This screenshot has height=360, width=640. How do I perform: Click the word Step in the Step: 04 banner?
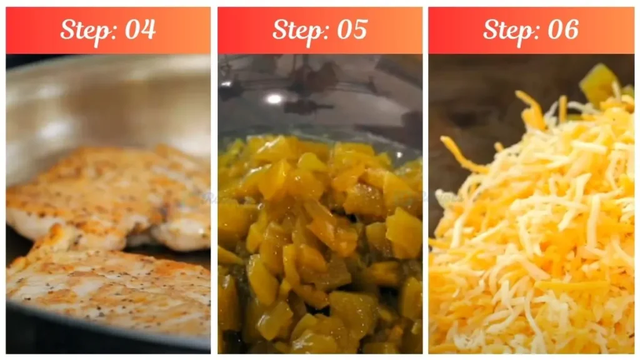86,29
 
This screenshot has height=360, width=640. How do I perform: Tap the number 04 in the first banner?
140,29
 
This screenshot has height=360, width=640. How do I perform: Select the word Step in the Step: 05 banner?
297,29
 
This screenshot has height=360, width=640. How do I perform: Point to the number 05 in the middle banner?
351,29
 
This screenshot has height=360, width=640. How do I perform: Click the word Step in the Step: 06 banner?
509,29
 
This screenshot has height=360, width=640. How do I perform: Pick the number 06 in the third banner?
562,29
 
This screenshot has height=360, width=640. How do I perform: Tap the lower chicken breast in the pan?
106,287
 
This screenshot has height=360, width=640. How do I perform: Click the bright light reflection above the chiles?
274,99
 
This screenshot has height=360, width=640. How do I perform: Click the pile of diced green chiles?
319,244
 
